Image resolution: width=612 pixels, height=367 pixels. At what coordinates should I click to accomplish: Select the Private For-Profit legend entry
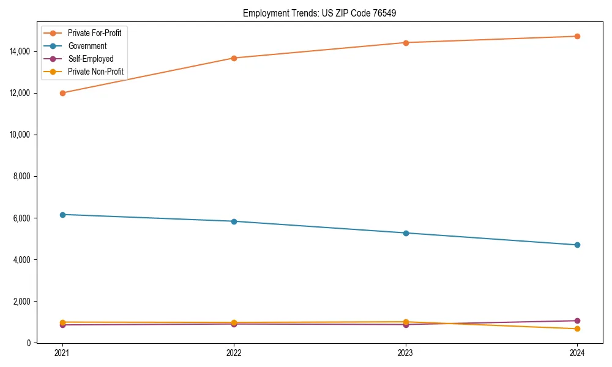(94, 33)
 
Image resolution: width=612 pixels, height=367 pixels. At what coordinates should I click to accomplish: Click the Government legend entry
(87, 46)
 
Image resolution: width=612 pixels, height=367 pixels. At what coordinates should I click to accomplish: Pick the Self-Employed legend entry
(91, 59)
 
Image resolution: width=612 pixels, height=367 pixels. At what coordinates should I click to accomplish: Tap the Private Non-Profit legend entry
(95, 72)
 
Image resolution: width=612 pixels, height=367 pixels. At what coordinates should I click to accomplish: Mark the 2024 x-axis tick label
(577, 352)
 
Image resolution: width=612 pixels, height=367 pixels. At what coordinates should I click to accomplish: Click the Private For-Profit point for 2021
(62, 93)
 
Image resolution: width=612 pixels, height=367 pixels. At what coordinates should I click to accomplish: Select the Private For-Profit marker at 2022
(234, 58)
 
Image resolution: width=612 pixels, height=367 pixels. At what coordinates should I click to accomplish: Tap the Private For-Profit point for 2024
(577, 36)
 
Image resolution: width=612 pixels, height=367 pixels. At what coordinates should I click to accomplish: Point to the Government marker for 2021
(62, 215)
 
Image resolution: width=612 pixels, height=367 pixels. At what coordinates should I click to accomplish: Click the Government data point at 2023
(406, 233)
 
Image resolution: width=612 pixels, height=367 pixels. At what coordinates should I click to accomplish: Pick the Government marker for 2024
(577, 245)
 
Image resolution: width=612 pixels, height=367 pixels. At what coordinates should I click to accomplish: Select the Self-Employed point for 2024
(577, 321)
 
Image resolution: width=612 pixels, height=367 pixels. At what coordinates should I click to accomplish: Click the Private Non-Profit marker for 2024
(577, 329)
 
